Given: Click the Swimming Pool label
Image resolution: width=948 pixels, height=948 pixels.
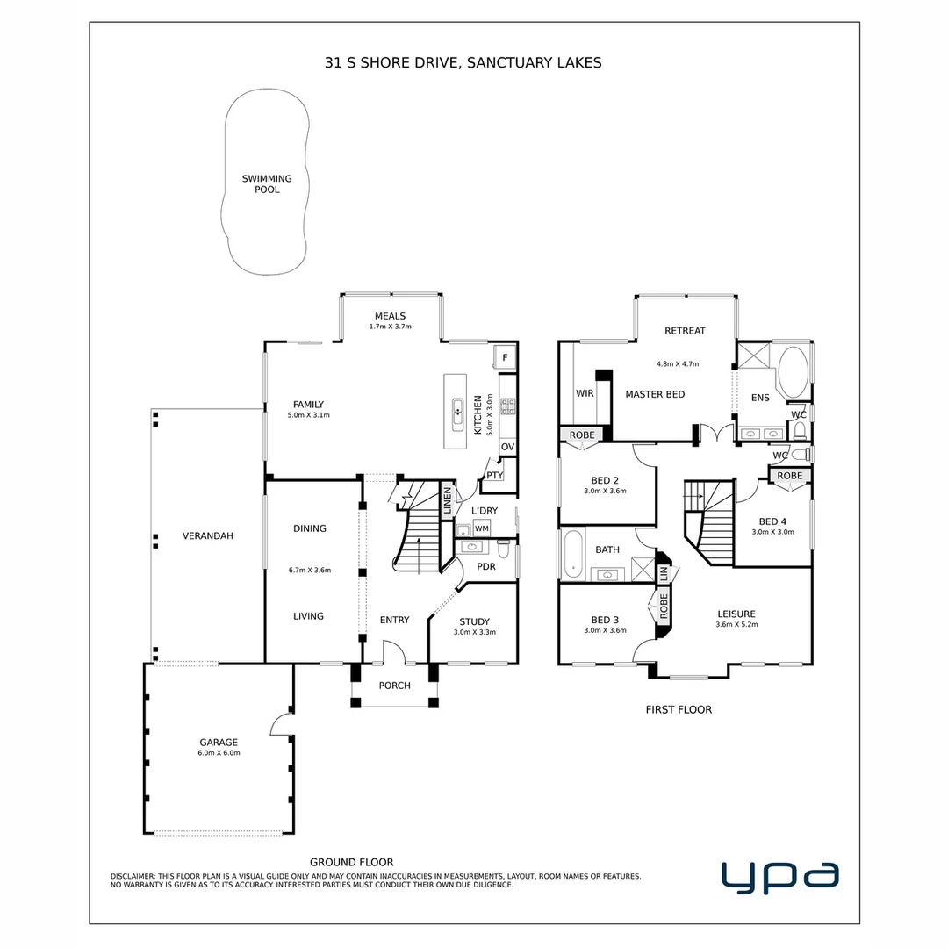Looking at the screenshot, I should (x=267, y=183).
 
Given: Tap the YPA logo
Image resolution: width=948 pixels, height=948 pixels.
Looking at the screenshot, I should (x=779, y=877).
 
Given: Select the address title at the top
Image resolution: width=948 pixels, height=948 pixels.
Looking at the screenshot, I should (x=463, y=63).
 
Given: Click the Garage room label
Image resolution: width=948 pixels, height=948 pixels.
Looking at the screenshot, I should (x=219, y=743).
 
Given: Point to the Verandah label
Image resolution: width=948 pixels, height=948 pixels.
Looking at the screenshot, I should (x=207, y=535).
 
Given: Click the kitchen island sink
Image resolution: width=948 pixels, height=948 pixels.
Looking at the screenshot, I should (x=457, y=410).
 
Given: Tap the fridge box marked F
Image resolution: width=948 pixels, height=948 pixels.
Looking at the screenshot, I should (x=505, y=356).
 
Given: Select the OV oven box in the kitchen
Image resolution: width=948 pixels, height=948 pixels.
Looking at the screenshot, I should (x=507, y=447).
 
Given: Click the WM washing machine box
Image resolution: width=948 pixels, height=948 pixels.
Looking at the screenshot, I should (x=482, y=528).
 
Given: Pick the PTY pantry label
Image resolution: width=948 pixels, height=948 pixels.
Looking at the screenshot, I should (x=494, y=476).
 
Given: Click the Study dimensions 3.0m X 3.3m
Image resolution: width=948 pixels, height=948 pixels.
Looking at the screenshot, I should (x=475, y=632).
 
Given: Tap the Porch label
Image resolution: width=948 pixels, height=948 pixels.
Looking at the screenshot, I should (x=394, y=686).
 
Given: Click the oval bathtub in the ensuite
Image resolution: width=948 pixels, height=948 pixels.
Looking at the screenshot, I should (x=795, y=373).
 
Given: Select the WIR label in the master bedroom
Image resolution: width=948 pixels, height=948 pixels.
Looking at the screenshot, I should (x=585, y=393).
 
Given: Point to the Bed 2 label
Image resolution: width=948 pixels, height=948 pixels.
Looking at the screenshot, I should (x=605, y=480).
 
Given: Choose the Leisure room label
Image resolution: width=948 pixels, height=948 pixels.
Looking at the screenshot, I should (x=736, y=614).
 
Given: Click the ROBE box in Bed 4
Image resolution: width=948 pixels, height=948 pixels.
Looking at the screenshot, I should (x=789, y=476).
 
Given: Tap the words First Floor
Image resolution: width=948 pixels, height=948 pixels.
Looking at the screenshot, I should (x=678, y=709).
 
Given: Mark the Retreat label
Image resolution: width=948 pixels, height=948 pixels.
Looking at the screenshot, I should (x=685, y=331).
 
